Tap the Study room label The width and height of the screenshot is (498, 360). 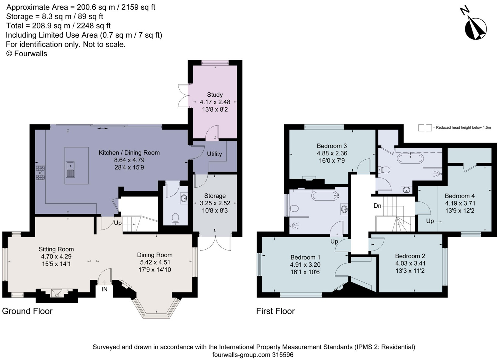pyautogui.click(x=215, y=95)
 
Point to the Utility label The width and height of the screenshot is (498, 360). pyautogui.click(x=214, y=154)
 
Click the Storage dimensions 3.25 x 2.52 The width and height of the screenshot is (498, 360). pyautogui.click(x=215, y=203)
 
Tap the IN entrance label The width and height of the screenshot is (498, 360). pyautogui.click(x=105, y=289)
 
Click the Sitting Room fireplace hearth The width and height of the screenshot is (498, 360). pyautogui.click(x=57, y=293)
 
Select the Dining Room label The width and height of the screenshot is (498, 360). pyautogui.click(x=155, y=255)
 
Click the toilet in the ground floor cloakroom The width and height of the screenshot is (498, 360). pyautogui.click(x=176, y=219)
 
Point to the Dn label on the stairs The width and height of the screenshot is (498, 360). pyautogui.click(x=378, y=206)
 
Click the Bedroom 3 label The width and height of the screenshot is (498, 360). pyautogui.click(x=332, y=146)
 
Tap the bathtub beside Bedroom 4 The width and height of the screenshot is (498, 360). pyautogui.click(x=410, y=158)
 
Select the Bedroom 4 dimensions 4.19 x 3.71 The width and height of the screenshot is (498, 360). pyautogui.click(x=460, y=203)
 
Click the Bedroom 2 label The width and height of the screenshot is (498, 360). pyautogui.click(x=410, y=256)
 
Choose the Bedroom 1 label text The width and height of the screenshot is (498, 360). pyautogui.click(x=305, y=257)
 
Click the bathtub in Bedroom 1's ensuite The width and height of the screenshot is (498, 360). pyautogui.click(x=325, y=196)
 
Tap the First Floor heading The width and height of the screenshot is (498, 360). pyautogui.click(x=275, y=311)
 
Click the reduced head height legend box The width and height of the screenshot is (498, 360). pyautogui.click(x=425, y=128)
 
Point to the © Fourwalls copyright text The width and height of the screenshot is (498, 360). pyautogui.click(x=27, y=54)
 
